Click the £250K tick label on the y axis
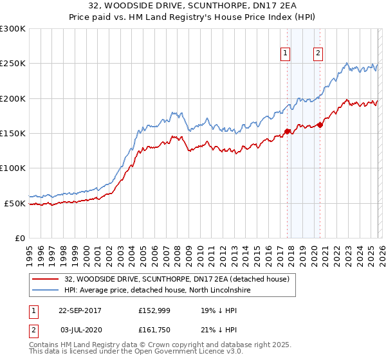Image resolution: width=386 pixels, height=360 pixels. [x=13, y=64]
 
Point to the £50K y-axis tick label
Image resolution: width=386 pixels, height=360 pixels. [x=15, y=203]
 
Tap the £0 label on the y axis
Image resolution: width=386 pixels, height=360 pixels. [x=20, y=238]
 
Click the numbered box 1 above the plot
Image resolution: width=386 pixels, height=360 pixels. [x=285, y=53]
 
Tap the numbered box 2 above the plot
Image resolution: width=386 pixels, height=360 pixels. [x=318, y=53]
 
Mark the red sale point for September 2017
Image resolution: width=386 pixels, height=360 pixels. [x=287, y=132]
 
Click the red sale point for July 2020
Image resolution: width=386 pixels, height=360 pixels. [x=320, y=125]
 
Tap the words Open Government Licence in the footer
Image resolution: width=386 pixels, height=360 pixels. [x=187, y=352]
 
